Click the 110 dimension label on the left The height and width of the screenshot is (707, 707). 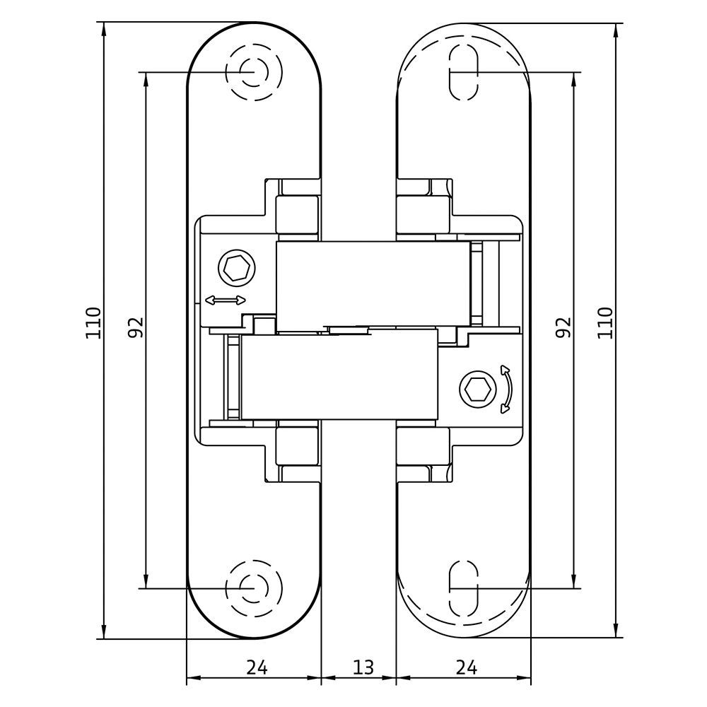click(x=93, y=323)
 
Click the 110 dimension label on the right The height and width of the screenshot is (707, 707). click(x=605, y=323)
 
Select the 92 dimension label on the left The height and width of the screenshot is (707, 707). click(x=135, y=327)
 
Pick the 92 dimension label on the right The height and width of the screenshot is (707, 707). click(x=563, y=327)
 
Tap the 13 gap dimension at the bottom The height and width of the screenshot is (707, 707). click(x=363, y=667)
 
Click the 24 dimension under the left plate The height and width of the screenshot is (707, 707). click(x=257, y=667)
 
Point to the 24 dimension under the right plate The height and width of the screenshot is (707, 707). click(x=466, y=667)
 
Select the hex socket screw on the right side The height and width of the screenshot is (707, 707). click(x=478, y=388)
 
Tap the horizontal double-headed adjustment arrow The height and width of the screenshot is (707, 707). click(x=226, y=300)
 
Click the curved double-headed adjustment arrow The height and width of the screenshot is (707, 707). click(x=508, y=389)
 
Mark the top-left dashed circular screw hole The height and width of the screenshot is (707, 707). click(x=255, y=72)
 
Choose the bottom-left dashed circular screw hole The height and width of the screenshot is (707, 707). click(x=255, y=588)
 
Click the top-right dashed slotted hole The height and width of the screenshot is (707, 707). click(x=464, y=72)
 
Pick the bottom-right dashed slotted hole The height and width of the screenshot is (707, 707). click(x=464, y=588)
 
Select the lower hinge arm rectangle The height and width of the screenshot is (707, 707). click(x=339, y=375)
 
